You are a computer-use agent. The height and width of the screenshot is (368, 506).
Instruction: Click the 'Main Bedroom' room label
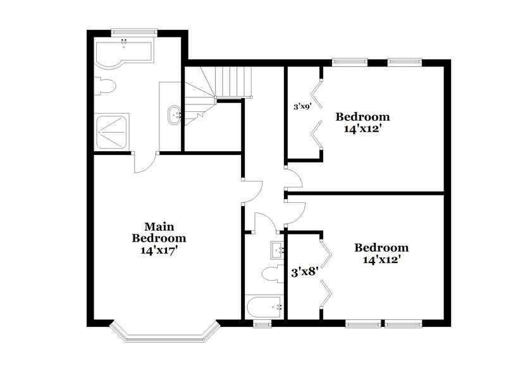[159, 232]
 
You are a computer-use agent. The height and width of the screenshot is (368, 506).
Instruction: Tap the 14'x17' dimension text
[159, 250]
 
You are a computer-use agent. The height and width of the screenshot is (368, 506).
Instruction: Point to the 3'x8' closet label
[303, 273]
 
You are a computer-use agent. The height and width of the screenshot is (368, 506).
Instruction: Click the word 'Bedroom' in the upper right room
[362, 116]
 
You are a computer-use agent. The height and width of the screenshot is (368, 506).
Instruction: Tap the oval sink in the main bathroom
[174, 116]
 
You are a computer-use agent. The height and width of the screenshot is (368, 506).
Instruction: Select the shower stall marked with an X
[111, 131]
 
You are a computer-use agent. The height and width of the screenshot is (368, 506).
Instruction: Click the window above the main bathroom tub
[133, 30]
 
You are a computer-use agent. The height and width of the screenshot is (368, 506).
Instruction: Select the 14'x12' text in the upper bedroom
[362, 128]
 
